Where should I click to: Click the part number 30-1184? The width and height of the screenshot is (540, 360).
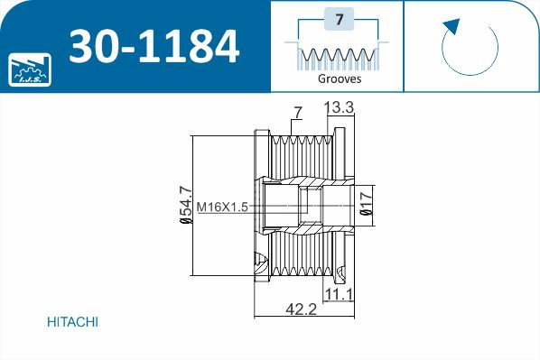coord(154,46)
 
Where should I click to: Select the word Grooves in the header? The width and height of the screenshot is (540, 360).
coord(340,78)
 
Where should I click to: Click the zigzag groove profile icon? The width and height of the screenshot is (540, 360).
coord(340,57)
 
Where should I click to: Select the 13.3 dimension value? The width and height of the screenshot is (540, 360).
coord(339,108)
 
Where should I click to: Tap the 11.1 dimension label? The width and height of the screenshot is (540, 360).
coord(338,294)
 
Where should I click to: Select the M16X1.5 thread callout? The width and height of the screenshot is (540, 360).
coord(222,208)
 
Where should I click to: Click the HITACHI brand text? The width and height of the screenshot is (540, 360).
coord(71,322)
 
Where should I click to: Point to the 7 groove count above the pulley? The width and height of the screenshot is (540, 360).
coord(296,112)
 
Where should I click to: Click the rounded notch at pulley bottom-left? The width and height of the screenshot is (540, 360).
coord(261,264)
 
